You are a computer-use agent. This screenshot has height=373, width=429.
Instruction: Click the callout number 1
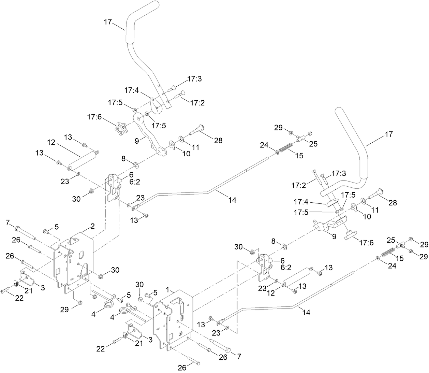coord(167,289)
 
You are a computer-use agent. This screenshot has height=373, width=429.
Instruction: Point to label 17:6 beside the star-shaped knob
coord(94,117)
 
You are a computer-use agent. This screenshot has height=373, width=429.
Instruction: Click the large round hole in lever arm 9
coord(139,119)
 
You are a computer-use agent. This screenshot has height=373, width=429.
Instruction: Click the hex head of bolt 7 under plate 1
coord(227,350)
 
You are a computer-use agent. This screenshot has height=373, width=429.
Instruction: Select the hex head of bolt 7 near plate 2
coord(17,228)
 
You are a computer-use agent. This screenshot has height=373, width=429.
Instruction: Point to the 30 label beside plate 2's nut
coord(115,270)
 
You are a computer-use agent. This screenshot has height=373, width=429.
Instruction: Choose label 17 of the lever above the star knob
coord(108,22)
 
